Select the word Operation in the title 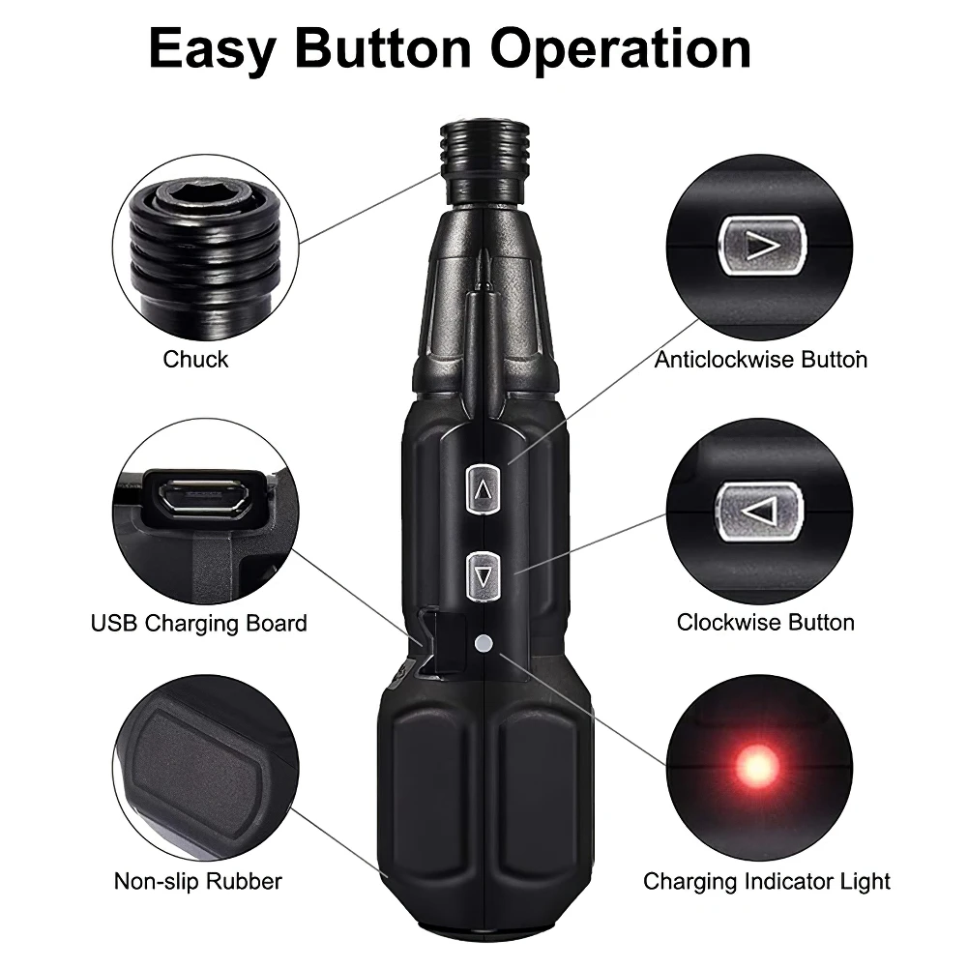(x=621, y=48)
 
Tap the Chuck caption (x=195, y=359)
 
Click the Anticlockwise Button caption (x=760, y=360)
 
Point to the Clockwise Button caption (x=766, y=623)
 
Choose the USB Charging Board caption (x=199, y=624)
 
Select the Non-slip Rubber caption (x=198, y=881)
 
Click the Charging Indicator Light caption (x=767, y=882)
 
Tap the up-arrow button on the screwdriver (x=483, y=489)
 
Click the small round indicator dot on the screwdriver (x=484, y=644)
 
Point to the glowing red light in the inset (x=759, y=766)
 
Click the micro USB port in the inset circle (x=204, y=495)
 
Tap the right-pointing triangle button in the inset (x=762, y=246)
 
